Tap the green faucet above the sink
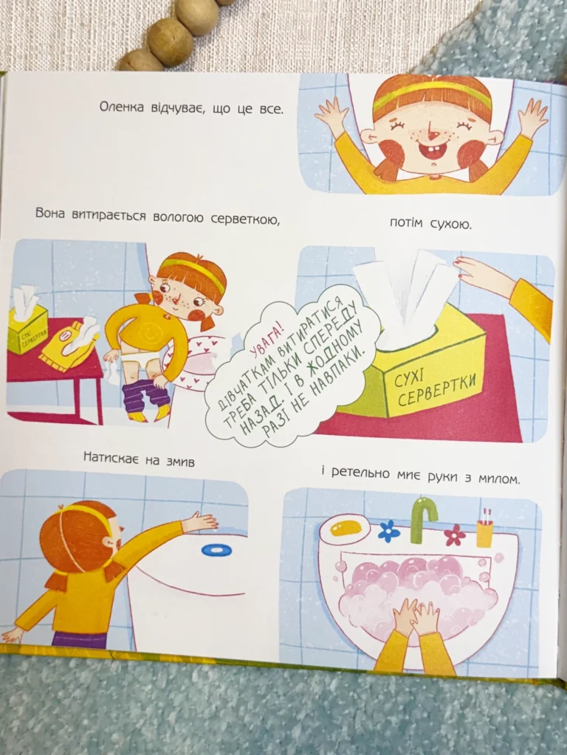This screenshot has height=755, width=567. click(x=424, y=518)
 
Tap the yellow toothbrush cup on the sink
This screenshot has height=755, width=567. click(x=484, y=533)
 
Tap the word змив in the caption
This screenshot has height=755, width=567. click(x=179, y=462)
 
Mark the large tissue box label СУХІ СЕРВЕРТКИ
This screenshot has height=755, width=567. click(x=434, y=388)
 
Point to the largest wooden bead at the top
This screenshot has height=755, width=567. click(x=170, y=41)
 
